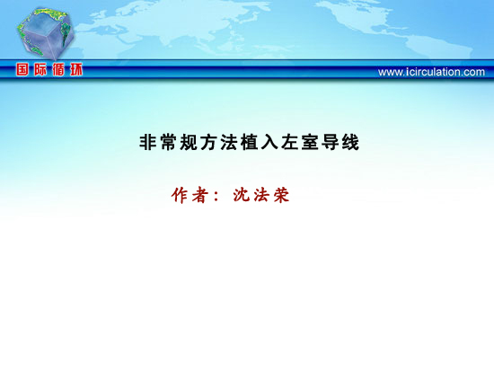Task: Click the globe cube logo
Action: coord(46,34)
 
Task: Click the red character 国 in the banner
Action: coord(22,69)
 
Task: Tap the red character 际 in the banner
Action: coord(40,69)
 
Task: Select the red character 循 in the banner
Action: coord(58,69)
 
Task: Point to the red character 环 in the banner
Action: coord(76,69)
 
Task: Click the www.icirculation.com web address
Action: coord(431,72)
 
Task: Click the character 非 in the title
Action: coord(148,143)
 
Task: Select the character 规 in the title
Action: coord(189,143)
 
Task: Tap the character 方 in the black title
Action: coord(208,143)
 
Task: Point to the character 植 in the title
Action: coord(249,143)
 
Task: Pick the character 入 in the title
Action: coord(269,143)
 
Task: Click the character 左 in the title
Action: coord(289,143)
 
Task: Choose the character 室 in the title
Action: coord(309,143)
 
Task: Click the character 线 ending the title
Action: coord(350,143)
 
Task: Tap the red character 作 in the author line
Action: coord(180,195)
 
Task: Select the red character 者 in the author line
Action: coord(199,195)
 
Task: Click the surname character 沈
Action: coord(242,195)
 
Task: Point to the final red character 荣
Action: coord(281,195)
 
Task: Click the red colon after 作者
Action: coord(216,197)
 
